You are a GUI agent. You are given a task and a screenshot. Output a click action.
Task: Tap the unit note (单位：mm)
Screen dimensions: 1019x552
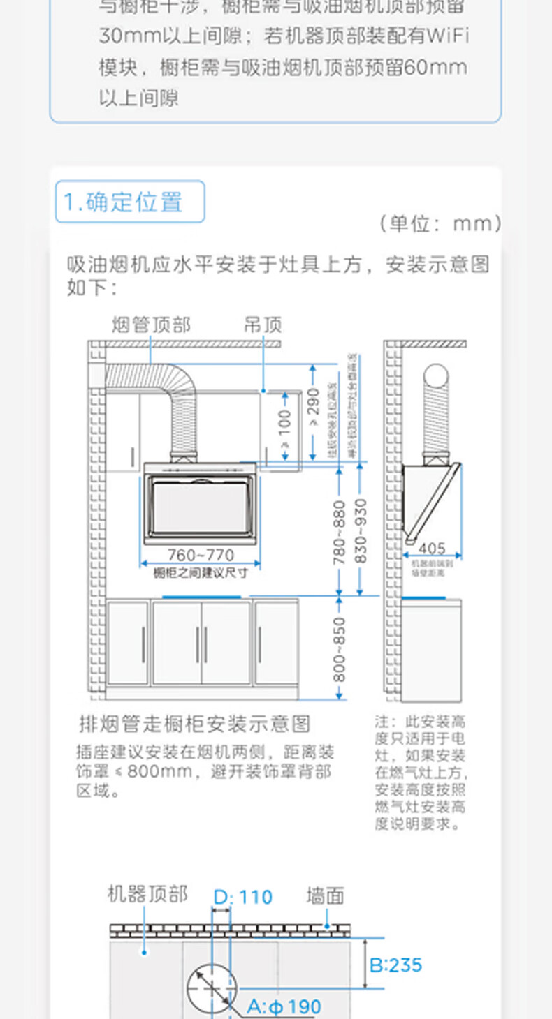[x=440, y=223]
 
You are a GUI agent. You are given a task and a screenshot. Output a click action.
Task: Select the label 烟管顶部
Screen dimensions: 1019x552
[x=151, y=325]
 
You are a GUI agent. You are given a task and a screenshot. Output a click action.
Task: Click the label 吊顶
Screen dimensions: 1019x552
[x=263, y=325]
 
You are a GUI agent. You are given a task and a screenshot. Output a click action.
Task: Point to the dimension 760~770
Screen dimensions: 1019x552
[x=201, y=556]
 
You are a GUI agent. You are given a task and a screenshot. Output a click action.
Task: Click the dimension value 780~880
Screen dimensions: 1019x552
[x=339, y=532]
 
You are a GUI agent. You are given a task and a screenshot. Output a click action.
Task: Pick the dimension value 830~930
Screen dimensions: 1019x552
[x=361, y=532]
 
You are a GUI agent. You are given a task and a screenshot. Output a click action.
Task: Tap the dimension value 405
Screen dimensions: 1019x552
[x=433, y=549]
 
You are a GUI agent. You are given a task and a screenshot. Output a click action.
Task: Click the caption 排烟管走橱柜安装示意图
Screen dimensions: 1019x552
[x=194, y=724]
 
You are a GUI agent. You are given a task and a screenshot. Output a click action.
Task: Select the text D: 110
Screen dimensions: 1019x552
[x=242, y=897]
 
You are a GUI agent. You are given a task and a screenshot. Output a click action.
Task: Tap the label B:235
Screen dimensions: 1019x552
[x=396, y=965]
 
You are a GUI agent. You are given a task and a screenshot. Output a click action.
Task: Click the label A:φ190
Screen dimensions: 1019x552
[x=284, y=1006]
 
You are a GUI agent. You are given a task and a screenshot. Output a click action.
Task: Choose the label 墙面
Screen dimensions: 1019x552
[x=325, y=895]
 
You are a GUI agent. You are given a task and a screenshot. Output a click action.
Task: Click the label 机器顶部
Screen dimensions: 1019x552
[x=147, y=894]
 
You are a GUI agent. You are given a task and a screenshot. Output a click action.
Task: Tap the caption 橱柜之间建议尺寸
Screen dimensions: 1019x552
[x=201, y=572]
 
